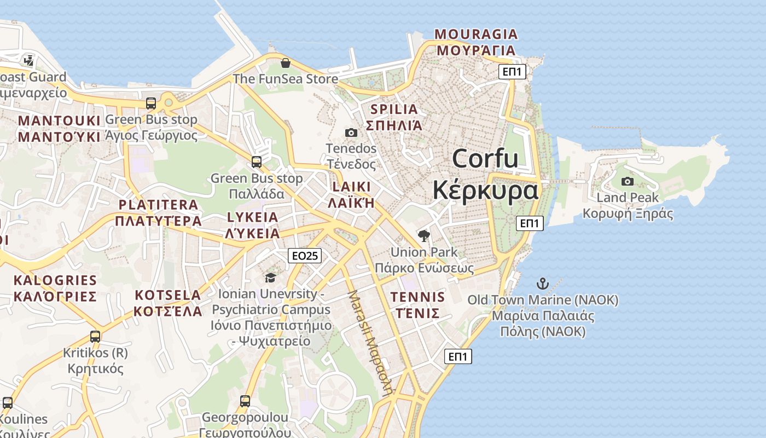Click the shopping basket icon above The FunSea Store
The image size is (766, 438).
[x=285, y=63]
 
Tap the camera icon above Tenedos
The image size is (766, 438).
[x=351, y=132]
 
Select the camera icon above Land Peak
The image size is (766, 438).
[x=628, y=181]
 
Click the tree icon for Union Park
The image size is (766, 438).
[x=423, y=236]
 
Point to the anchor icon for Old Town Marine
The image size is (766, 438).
[x=542, y=284]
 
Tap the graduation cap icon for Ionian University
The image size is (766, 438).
[x=270, y=278]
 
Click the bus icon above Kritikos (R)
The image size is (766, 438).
[x=95, y=336]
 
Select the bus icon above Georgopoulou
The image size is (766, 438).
[x=245, y=401]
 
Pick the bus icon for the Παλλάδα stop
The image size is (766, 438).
[x=256, y=162]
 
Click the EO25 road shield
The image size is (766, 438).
[x=305, y=255]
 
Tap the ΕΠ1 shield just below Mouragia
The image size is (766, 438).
[x=512, y=71]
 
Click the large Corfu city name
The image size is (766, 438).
[x=485, y=159]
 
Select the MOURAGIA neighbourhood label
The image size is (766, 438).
[x=476, y=34]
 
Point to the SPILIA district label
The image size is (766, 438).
[x=394, y=109]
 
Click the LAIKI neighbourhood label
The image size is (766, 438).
[x=351, y=187]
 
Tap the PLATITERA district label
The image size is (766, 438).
[x=159, y=205]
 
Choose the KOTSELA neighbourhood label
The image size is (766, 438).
[x=168, y=295]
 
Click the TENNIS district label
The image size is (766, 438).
[x=417, y=297]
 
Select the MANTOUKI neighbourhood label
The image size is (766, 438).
[x=60, y=121]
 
